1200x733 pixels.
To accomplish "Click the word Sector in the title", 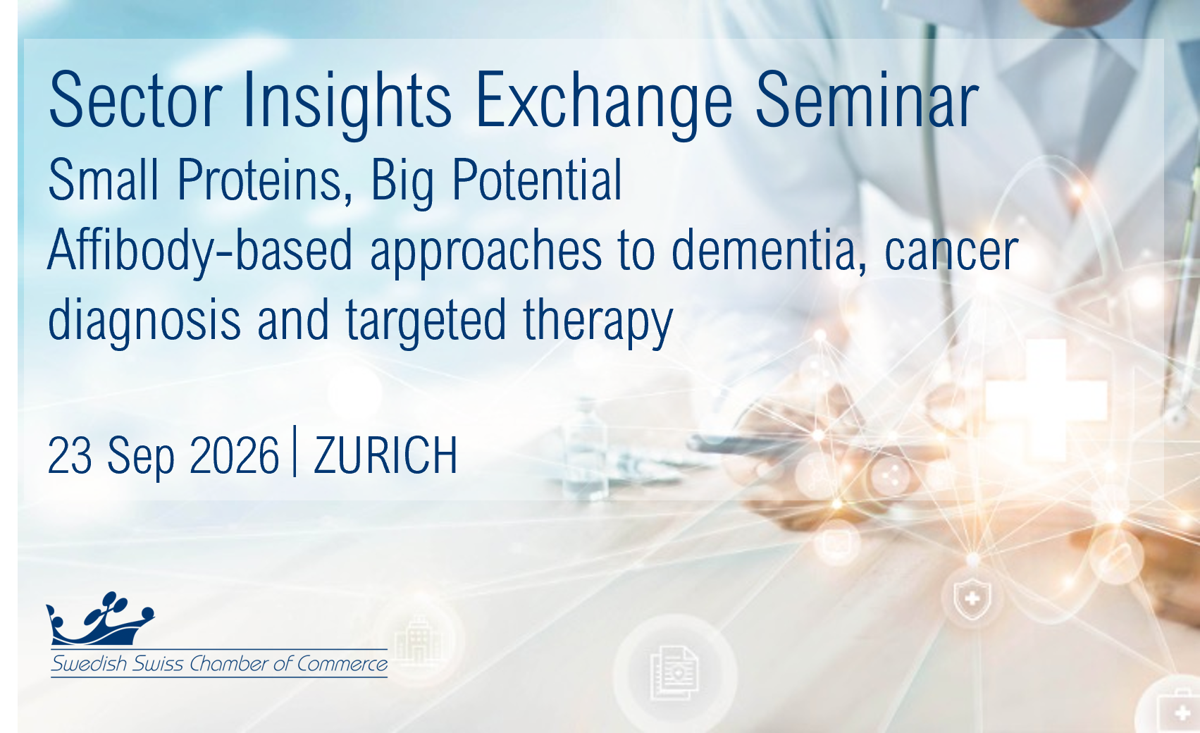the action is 135,100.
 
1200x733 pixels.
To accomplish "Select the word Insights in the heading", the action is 347,104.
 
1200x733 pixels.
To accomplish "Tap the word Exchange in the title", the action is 604,104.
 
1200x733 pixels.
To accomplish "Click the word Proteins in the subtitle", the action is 265,180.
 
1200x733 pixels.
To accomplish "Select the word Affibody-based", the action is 200,251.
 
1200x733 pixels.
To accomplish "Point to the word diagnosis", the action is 144,321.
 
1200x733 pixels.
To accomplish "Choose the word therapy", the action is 598,321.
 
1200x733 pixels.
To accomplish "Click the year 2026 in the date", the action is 234,455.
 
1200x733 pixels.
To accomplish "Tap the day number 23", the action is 70,455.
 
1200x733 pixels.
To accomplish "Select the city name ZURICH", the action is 385,455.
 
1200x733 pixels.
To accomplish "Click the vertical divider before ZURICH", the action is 295,451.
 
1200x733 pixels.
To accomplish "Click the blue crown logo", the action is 100,619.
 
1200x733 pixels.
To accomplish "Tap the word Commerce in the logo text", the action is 342,664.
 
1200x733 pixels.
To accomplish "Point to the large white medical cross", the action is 1046,400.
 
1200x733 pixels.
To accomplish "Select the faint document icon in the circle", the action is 674,672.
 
